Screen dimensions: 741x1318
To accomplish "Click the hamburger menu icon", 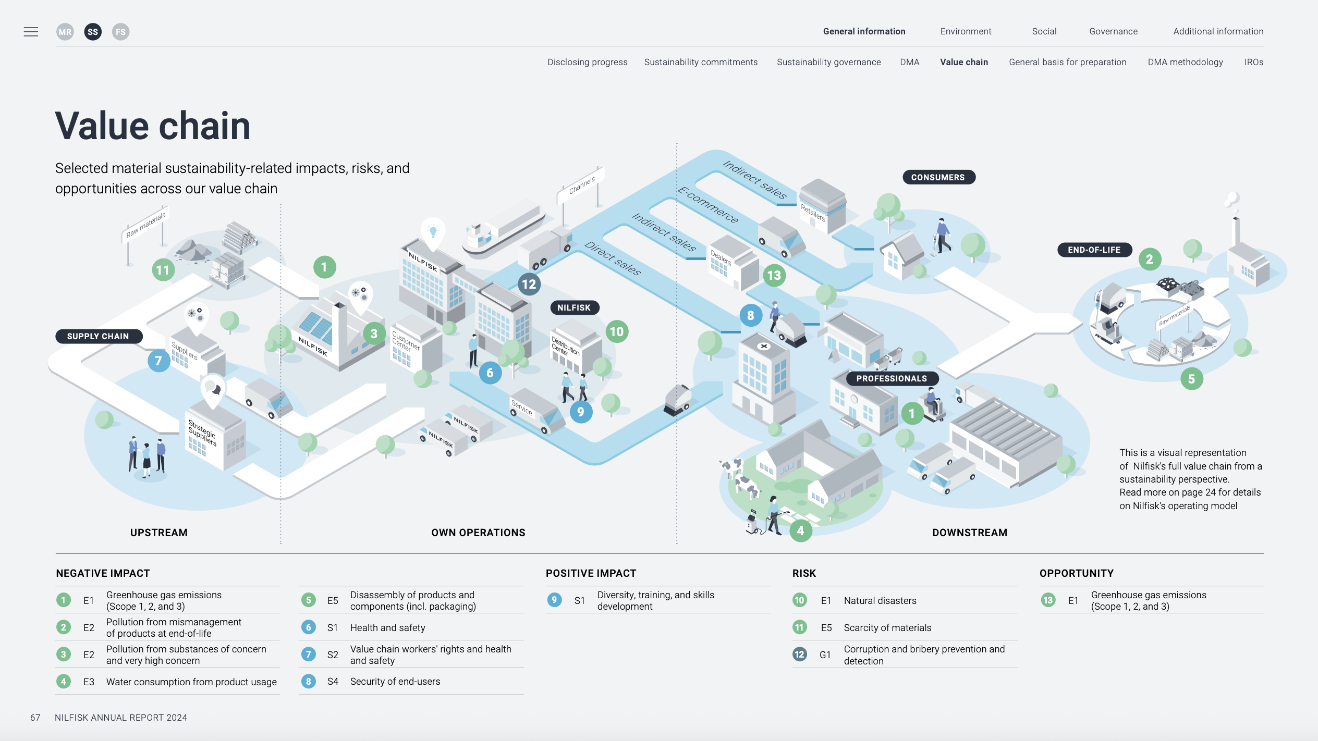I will (x=31, y=32).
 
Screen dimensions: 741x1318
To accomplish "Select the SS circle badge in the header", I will (x=93, y=32).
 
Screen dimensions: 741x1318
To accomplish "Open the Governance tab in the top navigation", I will (x=1113, y=31).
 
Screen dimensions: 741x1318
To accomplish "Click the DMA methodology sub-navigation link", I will (x=1185, y=62).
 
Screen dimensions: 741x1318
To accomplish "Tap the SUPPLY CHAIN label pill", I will (x=98, y=336).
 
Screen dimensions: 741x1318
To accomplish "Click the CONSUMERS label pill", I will (x=938, y=177).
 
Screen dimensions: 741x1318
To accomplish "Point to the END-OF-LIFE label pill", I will (x=1094, y=250).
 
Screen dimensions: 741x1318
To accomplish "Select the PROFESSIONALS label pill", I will (x=892, y=378).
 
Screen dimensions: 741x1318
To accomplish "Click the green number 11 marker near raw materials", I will (x=163, y=270).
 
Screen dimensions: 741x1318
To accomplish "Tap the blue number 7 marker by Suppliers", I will (x=158, y=361).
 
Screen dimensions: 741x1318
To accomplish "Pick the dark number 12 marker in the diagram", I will (x=529, y=284).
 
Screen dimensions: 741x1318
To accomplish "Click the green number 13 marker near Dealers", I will (x=774, y=275).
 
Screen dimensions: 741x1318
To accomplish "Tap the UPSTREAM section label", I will (x=158, y=533).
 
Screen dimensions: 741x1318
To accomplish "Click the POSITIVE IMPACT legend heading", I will (x=591, y=573).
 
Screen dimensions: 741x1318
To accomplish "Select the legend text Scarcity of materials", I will (x=887, y=627).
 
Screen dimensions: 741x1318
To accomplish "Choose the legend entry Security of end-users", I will (x=395, y=681).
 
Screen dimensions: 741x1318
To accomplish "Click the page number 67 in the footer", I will (x=35, y=718).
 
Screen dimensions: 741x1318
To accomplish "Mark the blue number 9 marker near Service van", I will (x=580, y=412).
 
